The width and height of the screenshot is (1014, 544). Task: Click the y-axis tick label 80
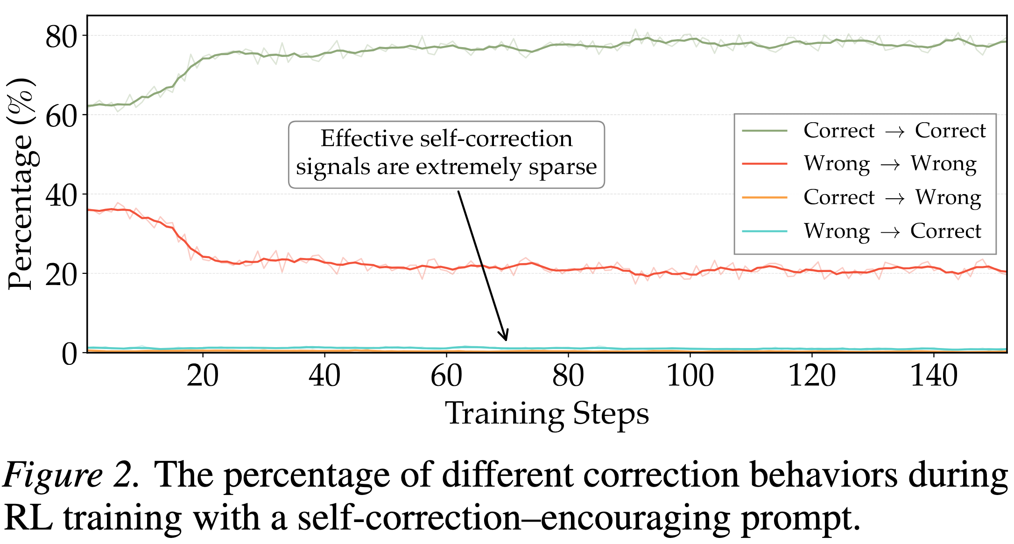pyautogui.click(x=61, y=37)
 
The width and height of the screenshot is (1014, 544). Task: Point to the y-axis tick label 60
pyautogui.click(x=61, y=116)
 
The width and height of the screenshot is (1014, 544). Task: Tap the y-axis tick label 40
pyautogui.click(x=61, y=195)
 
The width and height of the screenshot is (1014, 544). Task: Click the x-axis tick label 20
pyautogui.click(x=203, y=376)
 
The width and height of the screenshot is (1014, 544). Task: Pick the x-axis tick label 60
pyautogui.click(x=446, y=376)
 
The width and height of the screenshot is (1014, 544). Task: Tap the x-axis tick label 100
pyautogui.click(x=690, y=376)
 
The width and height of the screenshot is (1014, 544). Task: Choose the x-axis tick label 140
pyautogui.click(x=934, y=376)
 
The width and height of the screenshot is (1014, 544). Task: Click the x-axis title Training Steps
pyautogui.click(x=547, y=413)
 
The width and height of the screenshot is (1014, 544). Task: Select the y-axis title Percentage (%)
pyautogui.click(x=21, y=184)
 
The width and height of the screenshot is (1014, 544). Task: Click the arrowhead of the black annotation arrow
pyautogui.click(x=505, y=336)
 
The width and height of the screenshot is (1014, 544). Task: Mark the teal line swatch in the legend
pyautogui.click(x=764, y=231)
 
